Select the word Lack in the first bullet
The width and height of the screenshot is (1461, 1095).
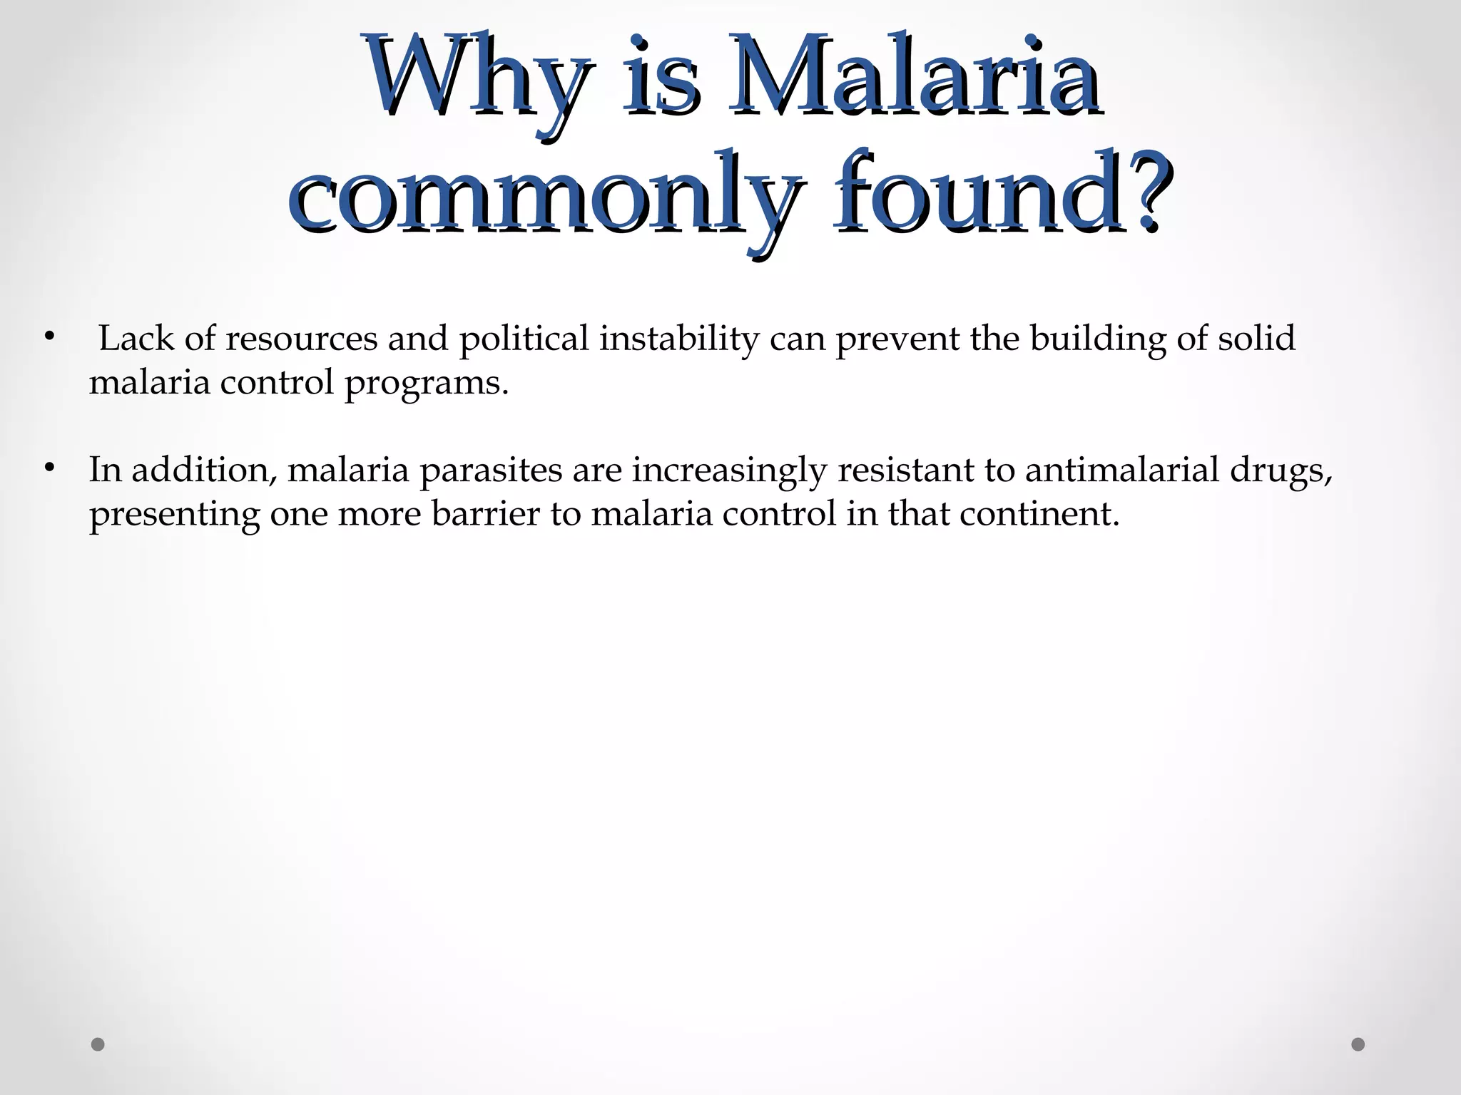(136, 338)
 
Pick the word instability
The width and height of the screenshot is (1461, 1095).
(678, 339)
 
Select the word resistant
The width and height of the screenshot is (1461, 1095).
(905, 470)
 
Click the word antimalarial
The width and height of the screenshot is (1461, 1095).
(1122, 470)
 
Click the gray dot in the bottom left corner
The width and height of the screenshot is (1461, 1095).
(98, 1044)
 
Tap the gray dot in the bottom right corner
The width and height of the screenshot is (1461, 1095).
(1358, 1044)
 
